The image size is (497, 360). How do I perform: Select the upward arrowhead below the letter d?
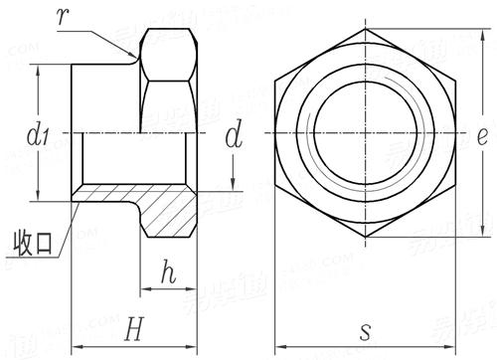pyautogui.click(x=235, y=191)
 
